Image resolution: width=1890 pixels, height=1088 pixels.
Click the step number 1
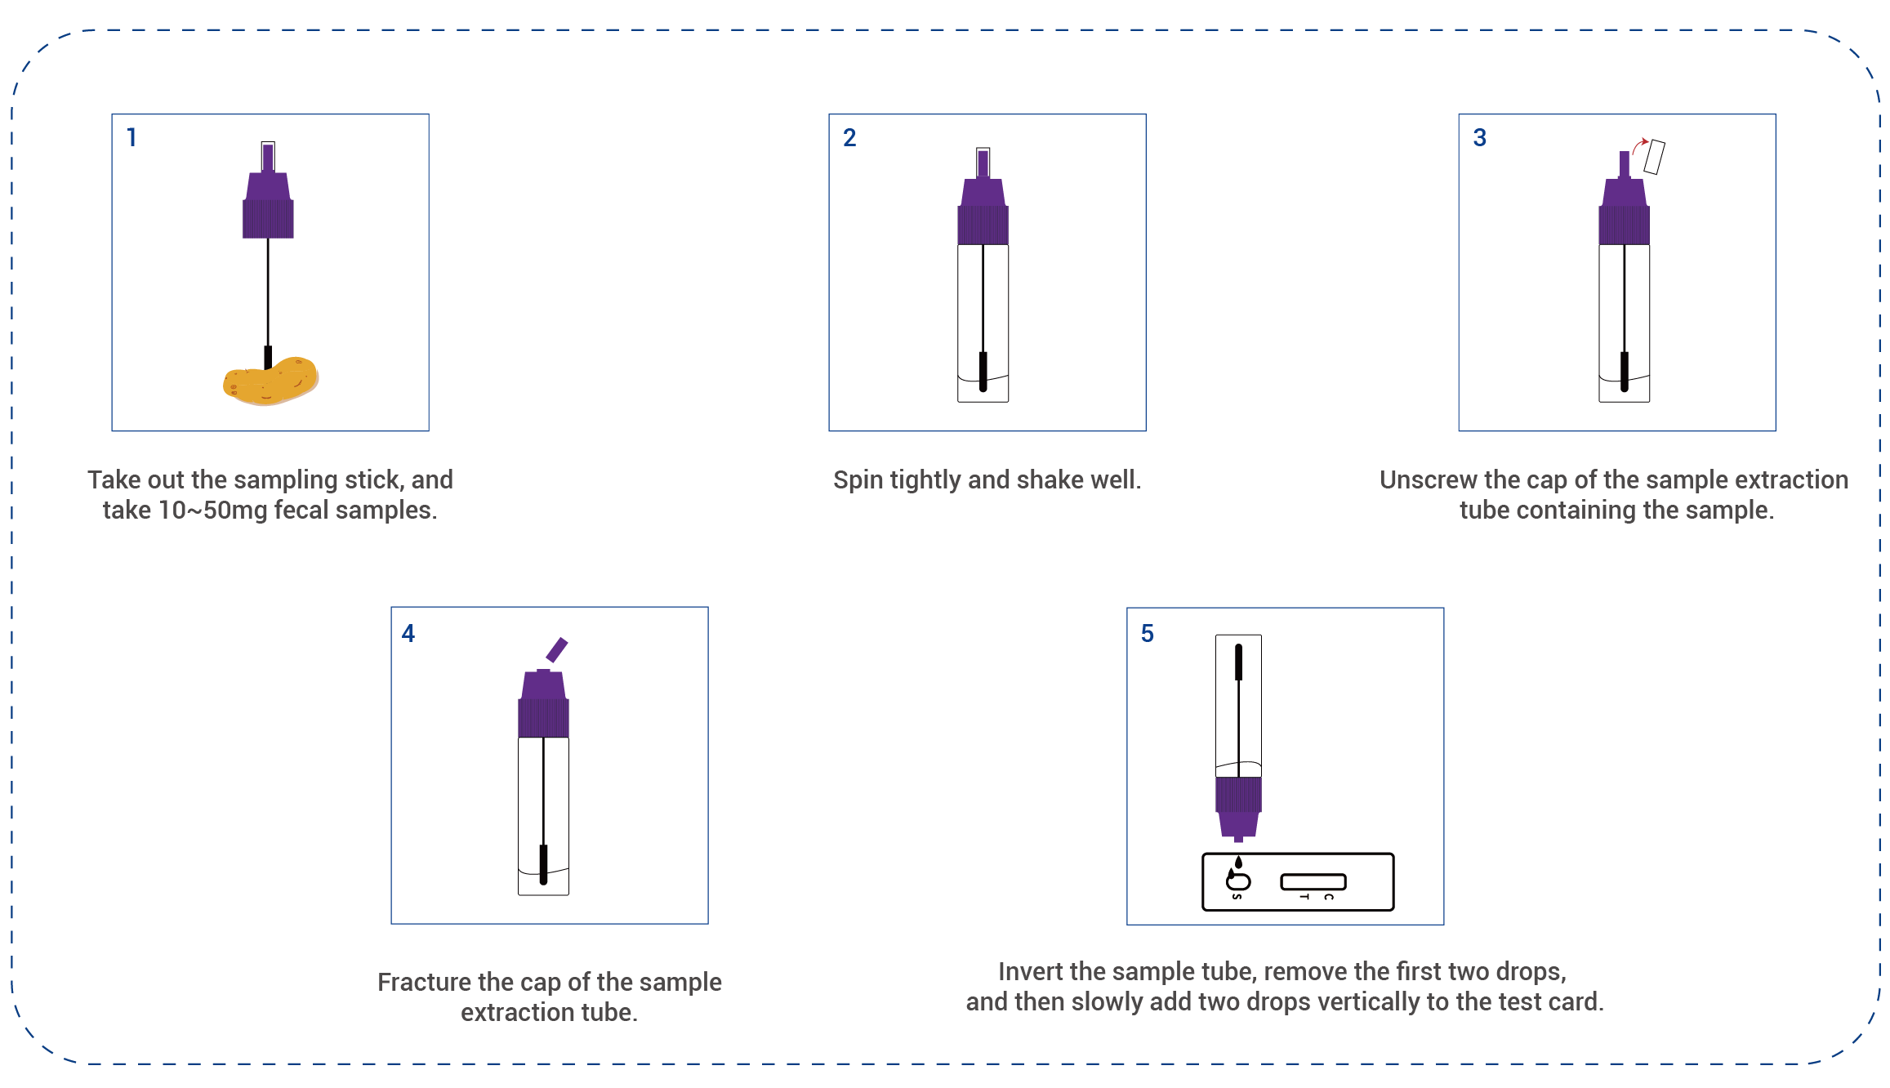(131, 137)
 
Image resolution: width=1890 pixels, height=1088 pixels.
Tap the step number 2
(849, 137)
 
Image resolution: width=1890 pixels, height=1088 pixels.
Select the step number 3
(1479, 137)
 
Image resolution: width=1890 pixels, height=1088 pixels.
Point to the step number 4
(408, 633)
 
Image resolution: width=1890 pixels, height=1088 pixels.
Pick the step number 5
(1148, 633)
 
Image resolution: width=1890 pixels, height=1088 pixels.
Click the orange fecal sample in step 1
(270, 381)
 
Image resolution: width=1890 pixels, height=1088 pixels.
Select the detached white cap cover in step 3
(1654, 157)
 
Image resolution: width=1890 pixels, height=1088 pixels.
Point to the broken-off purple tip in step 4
(557, 650)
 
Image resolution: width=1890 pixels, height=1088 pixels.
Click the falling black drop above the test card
(1238, 862)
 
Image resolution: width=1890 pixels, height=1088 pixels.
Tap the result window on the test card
(1313, 882)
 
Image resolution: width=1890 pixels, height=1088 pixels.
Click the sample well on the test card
(1238, 881)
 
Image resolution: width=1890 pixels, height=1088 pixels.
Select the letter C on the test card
(1329, 898)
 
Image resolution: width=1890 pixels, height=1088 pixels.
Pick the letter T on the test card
(1304, 898)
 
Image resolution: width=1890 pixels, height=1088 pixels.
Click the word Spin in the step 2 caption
(858, 479)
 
